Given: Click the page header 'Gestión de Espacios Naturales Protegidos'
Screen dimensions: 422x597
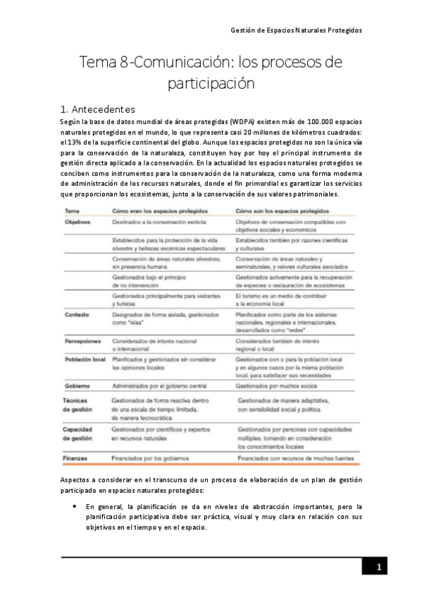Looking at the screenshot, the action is [x=296, y=31].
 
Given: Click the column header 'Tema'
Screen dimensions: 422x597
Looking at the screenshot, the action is [x=72, y=211].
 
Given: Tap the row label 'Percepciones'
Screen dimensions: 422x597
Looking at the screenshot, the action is [x=83, y=341].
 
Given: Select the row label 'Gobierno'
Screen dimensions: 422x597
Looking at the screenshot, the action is [x=77, y=387].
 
